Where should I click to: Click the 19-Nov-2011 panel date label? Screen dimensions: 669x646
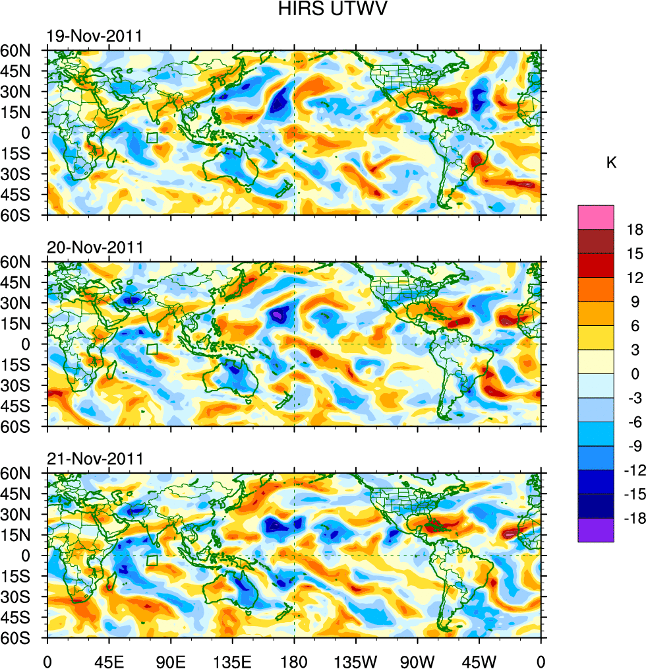click(94, 36)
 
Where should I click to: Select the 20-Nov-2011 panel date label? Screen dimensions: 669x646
click(94, 247)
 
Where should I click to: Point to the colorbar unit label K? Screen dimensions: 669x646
click(611, 162)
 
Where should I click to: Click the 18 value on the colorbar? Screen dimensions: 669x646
click(635, 229)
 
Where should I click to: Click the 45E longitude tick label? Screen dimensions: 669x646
click(108, 660)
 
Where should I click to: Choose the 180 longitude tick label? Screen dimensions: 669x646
click(294, 660)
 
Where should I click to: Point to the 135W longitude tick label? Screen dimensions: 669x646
click(355, 660)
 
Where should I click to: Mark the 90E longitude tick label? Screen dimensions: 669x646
click(171, 660)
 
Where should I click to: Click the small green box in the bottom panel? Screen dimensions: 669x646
click(152, 561)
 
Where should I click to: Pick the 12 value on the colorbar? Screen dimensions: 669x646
click(635, 278)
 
